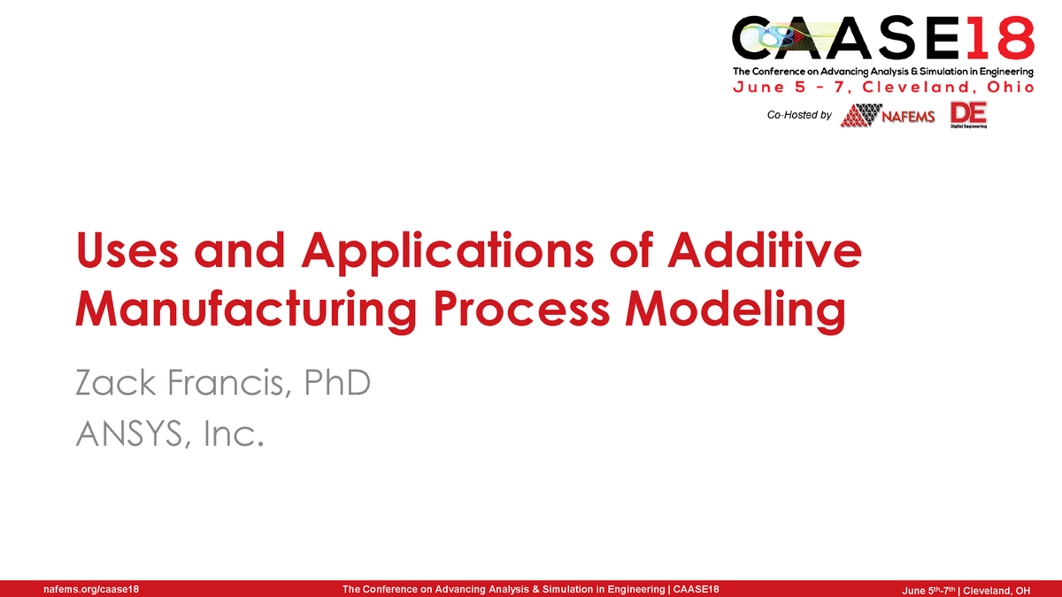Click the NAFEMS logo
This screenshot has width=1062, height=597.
coord(888,115)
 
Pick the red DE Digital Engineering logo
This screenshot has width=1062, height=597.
coord(968,115)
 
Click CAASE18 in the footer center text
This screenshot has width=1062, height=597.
coord(696,589)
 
